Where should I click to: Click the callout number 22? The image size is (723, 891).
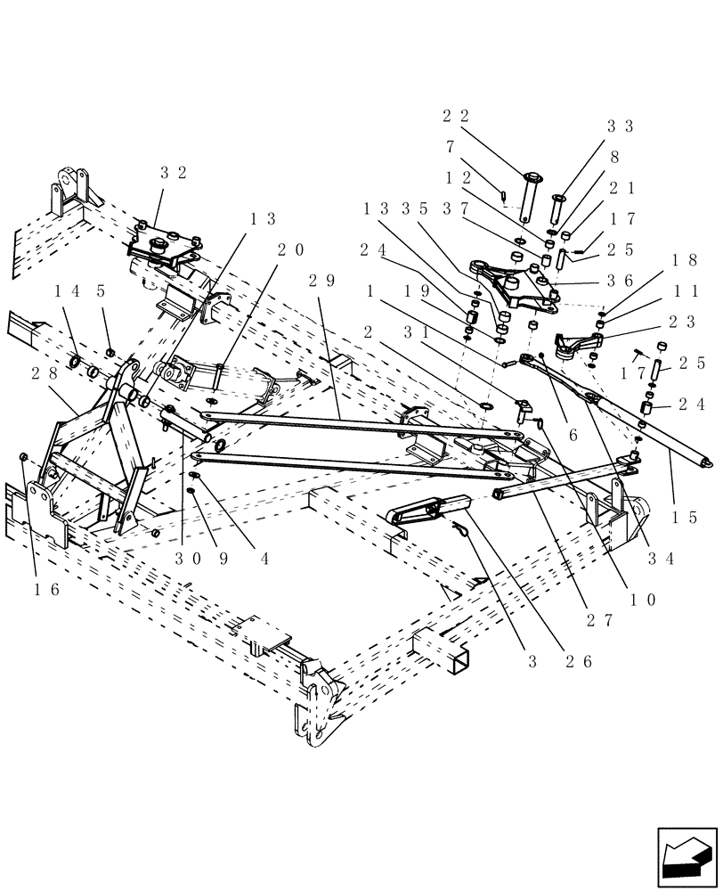coord(455,116)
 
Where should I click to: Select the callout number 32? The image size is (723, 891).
coord(174,173)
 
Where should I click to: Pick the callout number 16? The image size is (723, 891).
coord(46,589)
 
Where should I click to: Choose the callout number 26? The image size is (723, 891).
coord(582,661)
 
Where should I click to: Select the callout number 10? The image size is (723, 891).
coord(644,600)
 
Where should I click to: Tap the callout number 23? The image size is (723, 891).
coord(686,321)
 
